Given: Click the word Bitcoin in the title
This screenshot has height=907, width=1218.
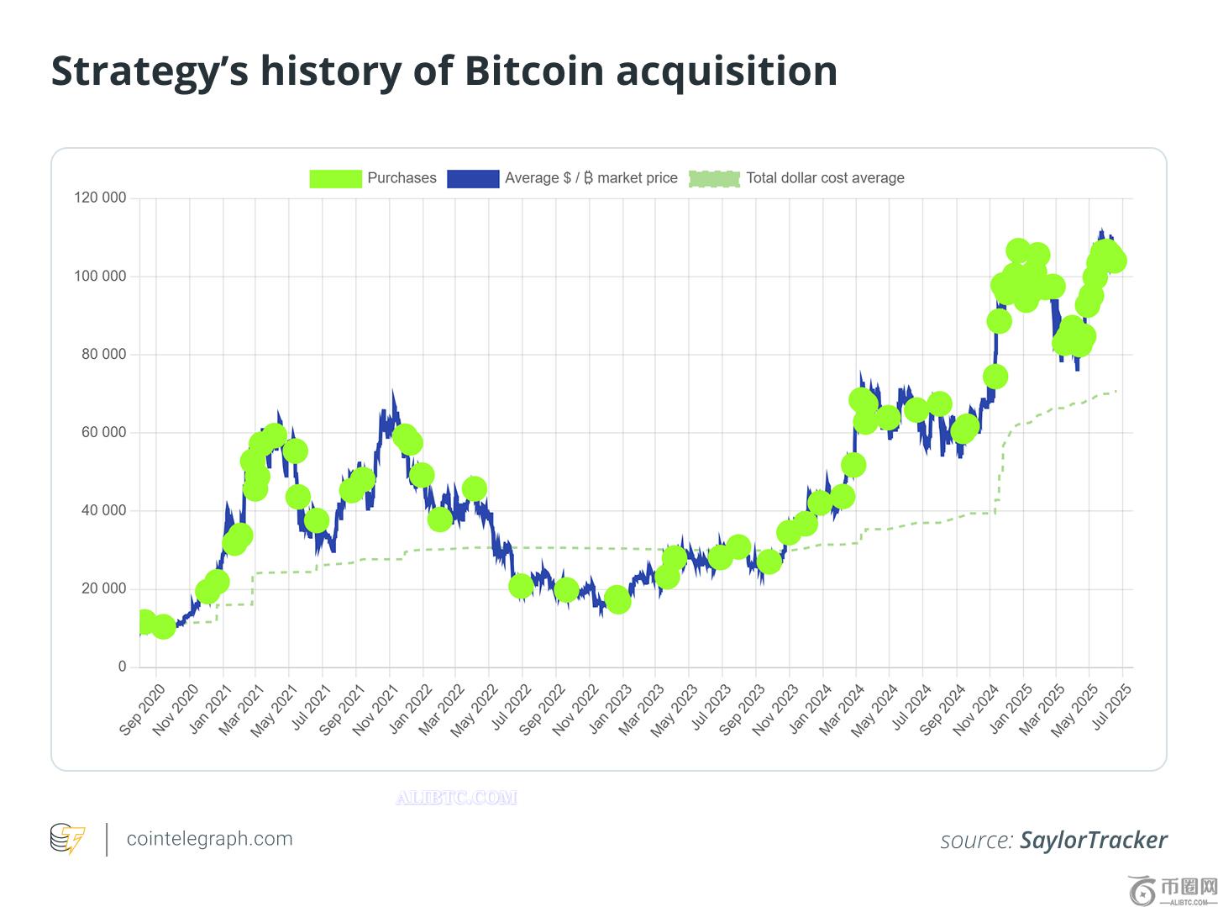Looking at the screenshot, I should pyautogui.click(x=534, y=71).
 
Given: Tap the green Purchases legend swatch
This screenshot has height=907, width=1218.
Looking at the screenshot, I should pyautogui.click(x=335, y=178).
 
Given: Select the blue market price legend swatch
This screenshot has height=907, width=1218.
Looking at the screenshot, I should pyautogui.click(x=473, y=178).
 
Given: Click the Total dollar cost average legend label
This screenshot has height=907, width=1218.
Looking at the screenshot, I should pyautogui.click(x=825, y=178).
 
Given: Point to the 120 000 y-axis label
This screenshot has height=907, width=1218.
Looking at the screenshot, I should pyautogui.click(x=100, y=198).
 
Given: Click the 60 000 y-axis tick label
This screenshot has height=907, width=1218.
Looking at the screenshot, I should pyautogui.click(x=103, y=433).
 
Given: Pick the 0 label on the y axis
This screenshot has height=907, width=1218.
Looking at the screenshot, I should pyautogui.click(x=122, y=667).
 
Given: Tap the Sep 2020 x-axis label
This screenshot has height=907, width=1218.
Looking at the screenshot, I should pyautogui.click(x=142, y=710).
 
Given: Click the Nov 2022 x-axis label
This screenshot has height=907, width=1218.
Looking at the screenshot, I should pyautogui.click(x=575, y=710).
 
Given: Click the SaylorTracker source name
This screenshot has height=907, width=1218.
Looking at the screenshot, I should pyautogui.click(x=1093, y=841).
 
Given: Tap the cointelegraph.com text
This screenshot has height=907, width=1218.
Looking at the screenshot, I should pyautogui.click(x=209, y=839).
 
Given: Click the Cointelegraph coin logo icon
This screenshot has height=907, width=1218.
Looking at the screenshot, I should pyautogui.click(x=67, y=839).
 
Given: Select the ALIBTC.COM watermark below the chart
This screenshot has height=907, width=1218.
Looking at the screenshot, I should pyautogui.click(x=456, y=798).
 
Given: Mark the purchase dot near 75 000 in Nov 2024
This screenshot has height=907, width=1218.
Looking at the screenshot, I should pyautogui.click(x=995, y=377).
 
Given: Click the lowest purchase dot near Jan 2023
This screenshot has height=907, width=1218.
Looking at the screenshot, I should pyautogui.click(x=617, y=600).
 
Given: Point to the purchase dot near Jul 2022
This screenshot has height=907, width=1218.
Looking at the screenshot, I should pyautogui.click(x=521, y=586).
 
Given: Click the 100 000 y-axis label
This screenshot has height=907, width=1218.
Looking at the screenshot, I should pyautogui.click(x=100, y=277).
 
